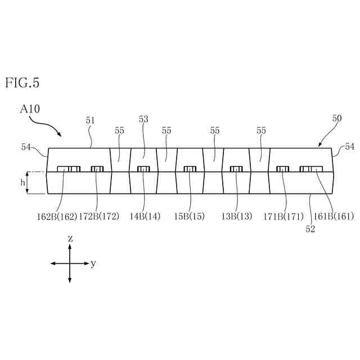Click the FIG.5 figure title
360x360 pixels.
[22, 83]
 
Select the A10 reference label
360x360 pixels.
[30, 109]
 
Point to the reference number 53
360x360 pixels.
[143, 119]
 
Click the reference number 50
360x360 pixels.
[336, 118]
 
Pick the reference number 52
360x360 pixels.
[310, 229]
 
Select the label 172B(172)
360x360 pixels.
[98, 216]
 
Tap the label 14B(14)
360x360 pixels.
[145, 216]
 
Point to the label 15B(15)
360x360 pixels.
[190, 216]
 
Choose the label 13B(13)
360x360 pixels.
[237, 216]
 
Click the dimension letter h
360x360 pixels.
[22, 182]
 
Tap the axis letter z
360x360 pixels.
[70, 238]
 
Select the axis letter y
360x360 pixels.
[93, 263]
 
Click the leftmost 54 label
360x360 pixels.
[26, 147]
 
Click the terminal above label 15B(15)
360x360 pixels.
[190, 169]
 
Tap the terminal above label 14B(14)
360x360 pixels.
[143, 169]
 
